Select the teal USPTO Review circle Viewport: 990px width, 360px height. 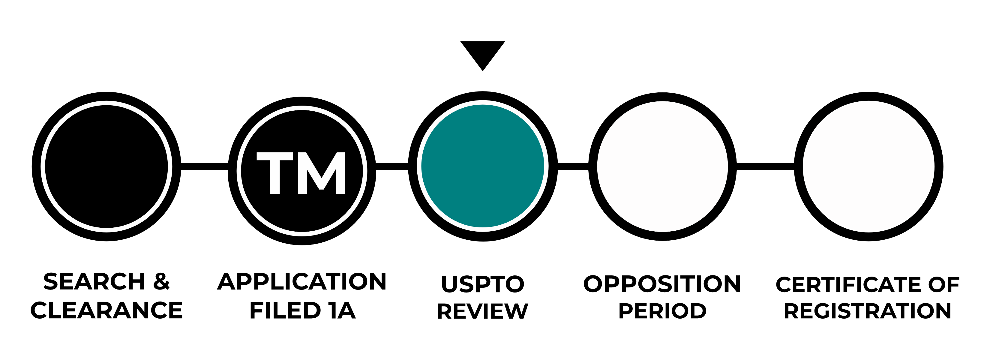pos(482,166)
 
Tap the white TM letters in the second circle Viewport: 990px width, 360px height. pos(301,172)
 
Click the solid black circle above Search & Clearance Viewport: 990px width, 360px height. pos(106,166)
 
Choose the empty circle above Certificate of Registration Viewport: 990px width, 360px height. pos(868,166)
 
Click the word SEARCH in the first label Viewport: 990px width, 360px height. pos(94,282)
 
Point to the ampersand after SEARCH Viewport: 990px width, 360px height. pos(161,282)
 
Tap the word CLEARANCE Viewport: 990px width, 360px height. pos(106,310)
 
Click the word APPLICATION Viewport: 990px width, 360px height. pos(302,282)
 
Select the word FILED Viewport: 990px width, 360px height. pos(285,310)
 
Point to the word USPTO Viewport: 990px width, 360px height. pos(482,284)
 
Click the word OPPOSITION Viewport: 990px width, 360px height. pos(662,284)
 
